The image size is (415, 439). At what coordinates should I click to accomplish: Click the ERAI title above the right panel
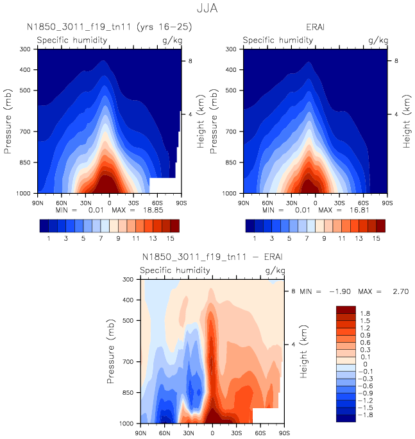pos(316,28)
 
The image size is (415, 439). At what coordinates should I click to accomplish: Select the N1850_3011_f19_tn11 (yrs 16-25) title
pos(109,28)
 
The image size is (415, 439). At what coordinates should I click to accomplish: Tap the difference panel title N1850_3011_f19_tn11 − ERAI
pos(212,257)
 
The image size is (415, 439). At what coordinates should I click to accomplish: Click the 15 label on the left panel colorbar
pos(174,238)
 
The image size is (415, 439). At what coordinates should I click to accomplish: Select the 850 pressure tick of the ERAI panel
pos(233,163)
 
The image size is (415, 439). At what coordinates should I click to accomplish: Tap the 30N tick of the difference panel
pos(189,433)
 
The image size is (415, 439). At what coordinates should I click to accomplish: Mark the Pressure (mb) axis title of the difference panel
pos(112,351)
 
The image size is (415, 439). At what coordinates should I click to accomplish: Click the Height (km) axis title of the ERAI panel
pos(406,120)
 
